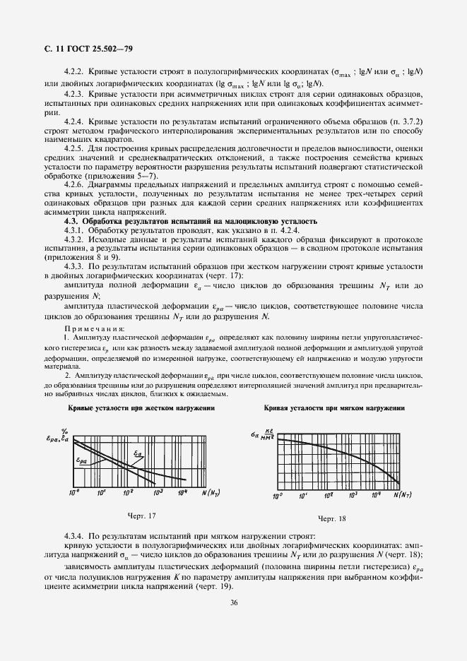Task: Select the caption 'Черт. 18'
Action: pos(331,519)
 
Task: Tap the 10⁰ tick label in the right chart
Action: pos(278,496)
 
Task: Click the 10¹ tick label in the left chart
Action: pos(101,492)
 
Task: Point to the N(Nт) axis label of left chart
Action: pos(208,492)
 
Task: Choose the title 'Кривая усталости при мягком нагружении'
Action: pos(334,408)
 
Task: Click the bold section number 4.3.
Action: pos(71,222)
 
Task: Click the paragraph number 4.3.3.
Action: pos(76,266)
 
